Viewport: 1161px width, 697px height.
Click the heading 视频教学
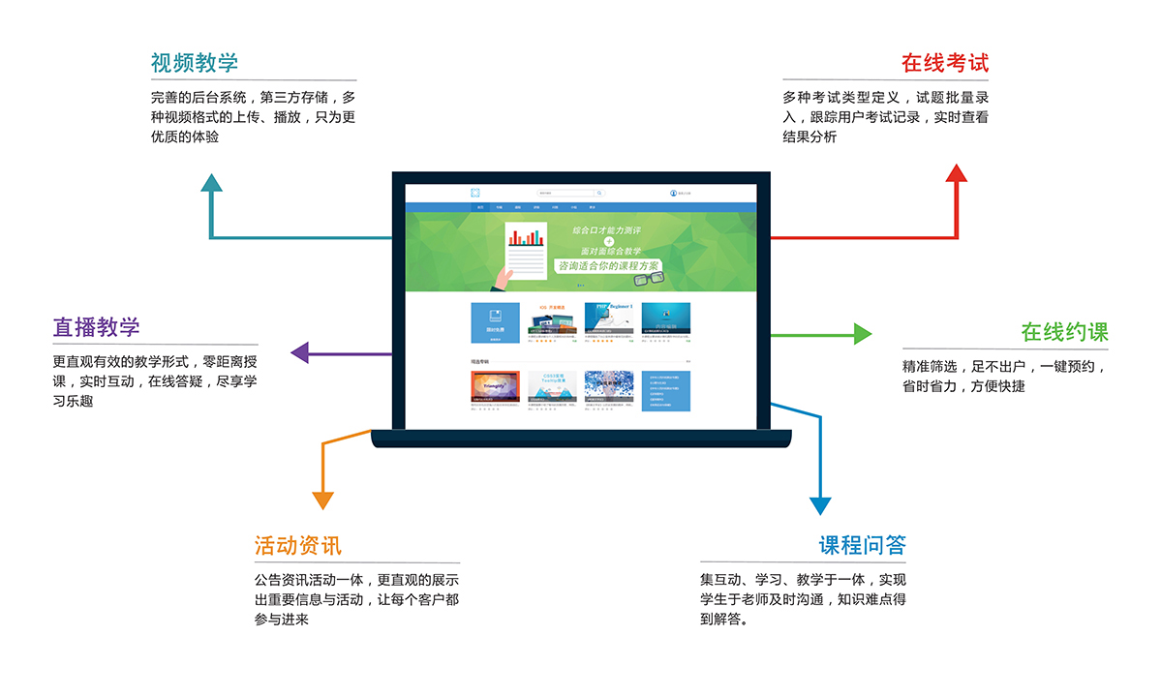point(194,64)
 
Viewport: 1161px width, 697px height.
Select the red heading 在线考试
point(944,64)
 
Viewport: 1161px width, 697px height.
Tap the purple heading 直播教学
point(97,327)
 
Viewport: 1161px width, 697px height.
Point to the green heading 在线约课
point(1064,332)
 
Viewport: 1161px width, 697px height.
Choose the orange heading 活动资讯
point(297,545)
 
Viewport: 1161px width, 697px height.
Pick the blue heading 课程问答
point(862,545)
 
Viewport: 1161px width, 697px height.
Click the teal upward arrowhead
point(211,183)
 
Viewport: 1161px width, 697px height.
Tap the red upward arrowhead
point(957,174)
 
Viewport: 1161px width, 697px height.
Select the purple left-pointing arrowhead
point(299,352)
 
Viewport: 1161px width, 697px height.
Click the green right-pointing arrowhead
point(862,334)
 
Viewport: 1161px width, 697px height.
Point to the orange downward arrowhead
point(322,500)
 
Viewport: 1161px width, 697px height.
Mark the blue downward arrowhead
point(820,504)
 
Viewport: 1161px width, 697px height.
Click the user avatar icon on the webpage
point(673,193)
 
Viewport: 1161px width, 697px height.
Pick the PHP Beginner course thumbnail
point(609,319)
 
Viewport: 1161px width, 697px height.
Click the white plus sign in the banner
point(608,241)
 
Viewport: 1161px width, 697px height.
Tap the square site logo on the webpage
point(475,193)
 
